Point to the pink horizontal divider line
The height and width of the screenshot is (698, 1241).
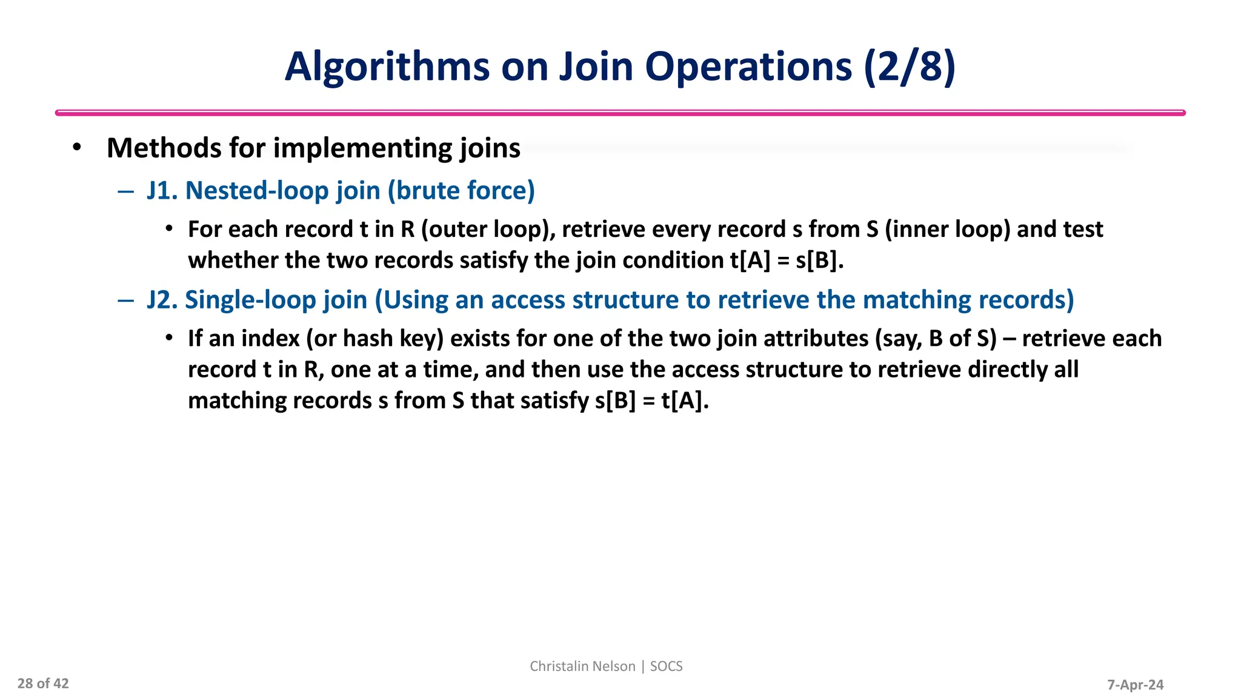click(620, 113)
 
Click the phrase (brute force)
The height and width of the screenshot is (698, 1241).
click(461, 191)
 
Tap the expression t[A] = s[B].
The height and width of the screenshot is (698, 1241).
click(787, 261)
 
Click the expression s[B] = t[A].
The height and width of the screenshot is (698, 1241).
click(651, 401)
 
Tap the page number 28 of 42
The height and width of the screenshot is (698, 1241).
click(43, 684)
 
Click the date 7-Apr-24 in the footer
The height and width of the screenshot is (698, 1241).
click(1135, 685)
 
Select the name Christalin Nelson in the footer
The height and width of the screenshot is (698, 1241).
click(582, 666)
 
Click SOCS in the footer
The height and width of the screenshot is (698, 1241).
click(666, 666)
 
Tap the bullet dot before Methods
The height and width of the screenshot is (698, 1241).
click(76, 147)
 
